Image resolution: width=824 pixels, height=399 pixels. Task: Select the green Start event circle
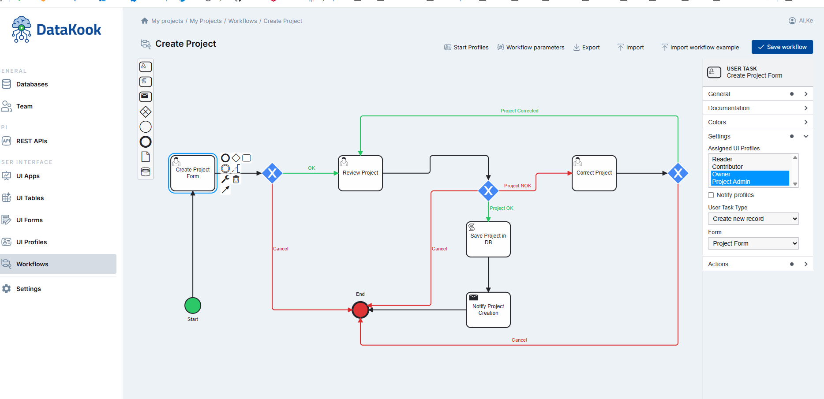tap(193, 305)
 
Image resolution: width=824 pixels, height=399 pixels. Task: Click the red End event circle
tap(360, 310)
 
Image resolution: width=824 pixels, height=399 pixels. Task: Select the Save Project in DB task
tap(488, 239)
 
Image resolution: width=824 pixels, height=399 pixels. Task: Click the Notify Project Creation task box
tap(488, 310)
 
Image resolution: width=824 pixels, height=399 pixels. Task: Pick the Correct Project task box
tap(594, 173)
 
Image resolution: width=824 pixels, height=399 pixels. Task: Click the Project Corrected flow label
tap(519, 111)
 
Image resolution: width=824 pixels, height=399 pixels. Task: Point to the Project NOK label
tap(517, 186)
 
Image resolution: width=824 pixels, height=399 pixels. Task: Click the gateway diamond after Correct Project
tap(678, 173)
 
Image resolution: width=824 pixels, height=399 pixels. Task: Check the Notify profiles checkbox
tap(711, 195)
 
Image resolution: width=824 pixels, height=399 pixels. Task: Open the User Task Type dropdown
tap(753, 219)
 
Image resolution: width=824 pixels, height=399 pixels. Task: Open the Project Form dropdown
tap(753, 243)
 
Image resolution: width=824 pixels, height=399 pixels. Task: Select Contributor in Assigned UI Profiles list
tap(727, 167)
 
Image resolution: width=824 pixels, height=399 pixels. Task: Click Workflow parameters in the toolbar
tap(531, 47)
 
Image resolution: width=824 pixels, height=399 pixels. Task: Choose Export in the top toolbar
tap(587, 47)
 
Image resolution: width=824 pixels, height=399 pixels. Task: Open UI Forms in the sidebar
tap(29, 220)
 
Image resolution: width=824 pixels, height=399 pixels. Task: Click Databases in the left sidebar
tap(32, 84)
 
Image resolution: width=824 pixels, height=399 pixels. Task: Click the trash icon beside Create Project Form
tap(236, 179)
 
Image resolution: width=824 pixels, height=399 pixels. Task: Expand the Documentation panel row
tap(757, 108)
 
